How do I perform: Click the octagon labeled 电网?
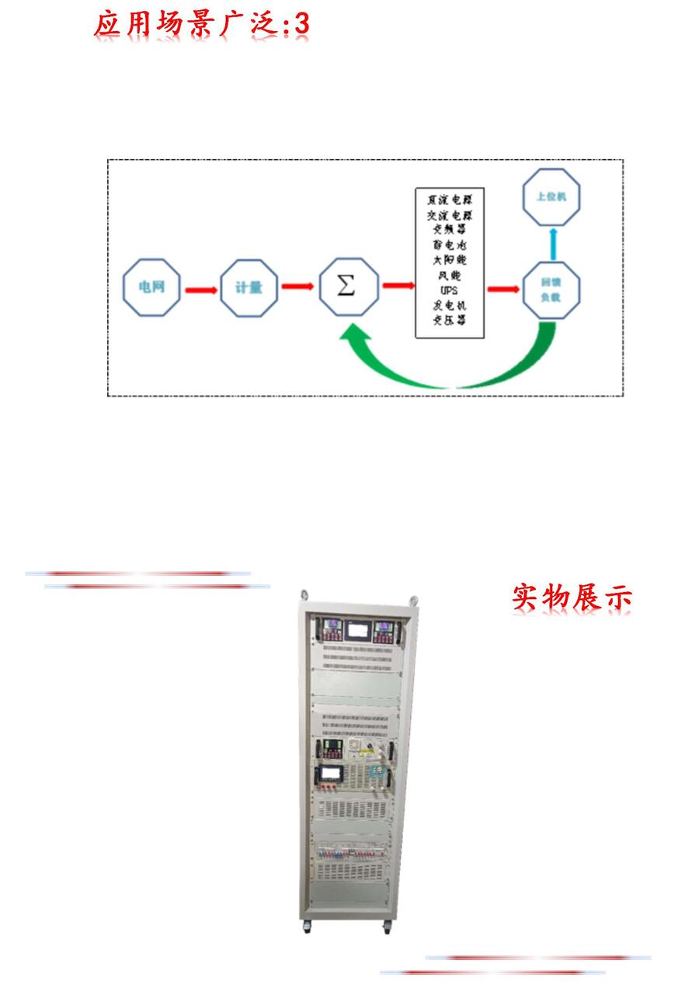tap(152, 288)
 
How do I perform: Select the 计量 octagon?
tap(249, 288)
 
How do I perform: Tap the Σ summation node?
tap(349, 286)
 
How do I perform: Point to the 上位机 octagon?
tap(551, 197)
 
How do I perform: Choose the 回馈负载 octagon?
tap(551, 289)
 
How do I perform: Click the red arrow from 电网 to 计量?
tap(201, 289)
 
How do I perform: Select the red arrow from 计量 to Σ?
tap(297, 287)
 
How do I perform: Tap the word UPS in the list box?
tap(449, 291)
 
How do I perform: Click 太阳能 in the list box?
tap(450, 261)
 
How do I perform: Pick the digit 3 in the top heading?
tap(301, 24)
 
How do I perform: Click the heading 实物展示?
tap(572, 598)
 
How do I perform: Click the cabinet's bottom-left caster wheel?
tap(307, 927)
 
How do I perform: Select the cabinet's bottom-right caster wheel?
tap(387, 927)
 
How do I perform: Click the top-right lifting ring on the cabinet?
tap(413, 600)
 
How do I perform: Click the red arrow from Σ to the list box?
tap(398, 286)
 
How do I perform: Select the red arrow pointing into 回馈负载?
tap(503, 289)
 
